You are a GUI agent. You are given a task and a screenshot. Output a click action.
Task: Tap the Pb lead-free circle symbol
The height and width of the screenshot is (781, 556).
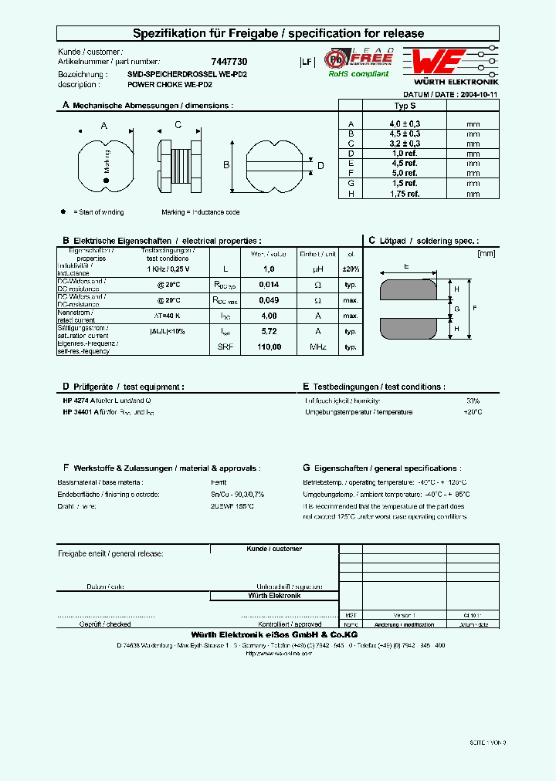(x=336, y=59)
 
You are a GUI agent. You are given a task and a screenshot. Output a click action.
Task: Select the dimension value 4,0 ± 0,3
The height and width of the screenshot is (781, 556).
(x=405, y=123)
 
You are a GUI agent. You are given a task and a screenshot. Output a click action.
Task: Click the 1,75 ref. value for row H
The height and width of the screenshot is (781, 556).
(x=405, y=194)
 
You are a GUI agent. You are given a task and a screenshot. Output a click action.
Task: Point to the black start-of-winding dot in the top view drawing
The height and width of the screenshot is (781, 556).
(x=107, y=181)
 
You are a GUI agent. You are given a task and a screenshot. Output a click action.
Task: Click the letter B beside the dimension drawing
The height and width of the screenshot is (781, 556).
(x=226, y=165)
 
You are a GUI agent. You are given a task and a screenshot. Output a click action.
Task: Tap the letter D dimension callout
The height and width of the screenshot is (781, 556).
(x=320, y=165)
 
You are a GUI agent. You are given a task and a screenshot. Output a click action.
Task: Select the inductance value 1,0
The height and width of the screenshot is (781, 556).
(x=269, y=269)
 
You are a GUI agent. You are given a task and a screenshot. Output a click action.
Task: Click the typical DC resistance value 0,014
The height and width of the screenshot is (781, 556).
(x=269, y=285)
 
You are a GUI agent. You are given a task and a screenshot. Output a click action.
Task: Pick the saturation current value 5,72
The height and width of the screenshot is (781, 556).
(x=269, y=331)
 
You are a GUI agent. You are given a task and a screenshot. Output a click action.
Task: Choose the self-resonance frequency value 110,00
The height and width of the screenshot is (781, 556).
(x=269, y=347)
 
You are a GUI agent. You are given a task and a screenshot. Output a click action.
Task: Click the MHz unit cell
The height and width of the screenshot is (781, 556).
(x=318, y=347)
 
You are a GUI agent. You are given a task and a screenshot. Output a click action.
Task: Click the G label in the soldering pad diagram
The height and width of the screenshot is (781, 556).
(x=458, y=309)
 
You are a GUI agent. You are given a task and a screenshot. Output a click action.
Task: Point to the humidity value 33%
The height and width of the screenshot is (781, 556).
(x=473, y=401)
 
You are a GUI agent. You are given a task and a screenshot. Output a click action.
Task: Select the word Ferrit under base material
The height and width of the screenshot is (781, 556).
(x=219, y=482)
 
